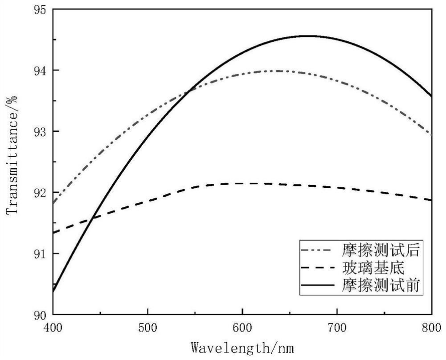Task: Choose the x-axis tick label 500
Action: (147, 328)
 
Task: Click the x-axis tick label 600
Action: (242, 328)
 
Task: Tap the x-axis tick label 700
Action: (337, 328)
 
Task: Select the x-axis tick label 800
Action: (431, 328)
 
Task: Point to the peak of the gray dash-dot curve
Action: (281, 71)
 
